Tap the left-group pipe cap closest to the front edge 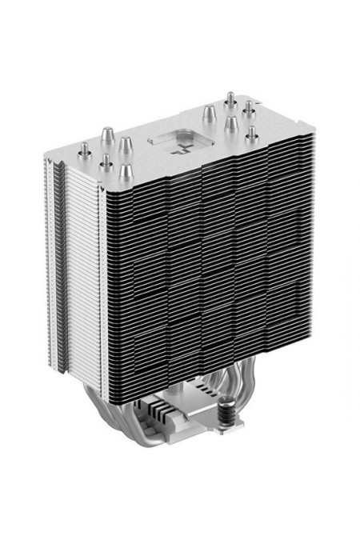tap(125, 171)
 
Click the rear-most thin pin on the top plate tap(230, 99)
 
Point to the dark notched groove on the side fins tap(56, 264)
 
